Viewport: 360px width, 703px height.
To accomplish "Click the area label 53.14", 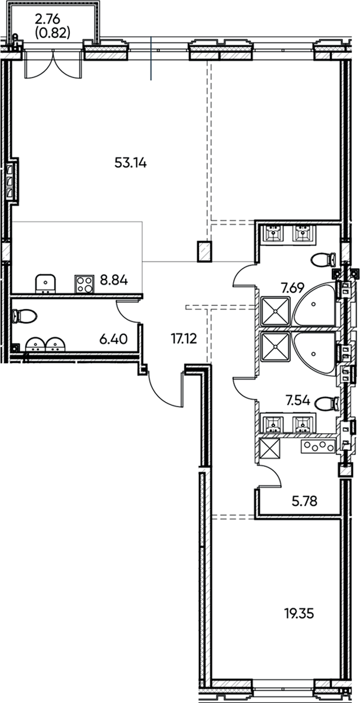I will click(x=130, y=163).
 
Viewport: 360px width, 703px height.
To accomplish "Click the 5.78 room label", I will click(x=305, y=501).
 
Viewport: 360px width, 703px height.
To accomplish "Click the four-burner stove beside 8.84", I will click(x=84, y=283).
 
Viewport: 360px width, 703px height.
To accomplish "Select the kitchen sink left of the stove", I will click(x=46, y=283).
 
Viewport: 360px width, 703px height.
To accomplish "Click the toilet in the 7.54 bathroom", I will click(x=326, y=403).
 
